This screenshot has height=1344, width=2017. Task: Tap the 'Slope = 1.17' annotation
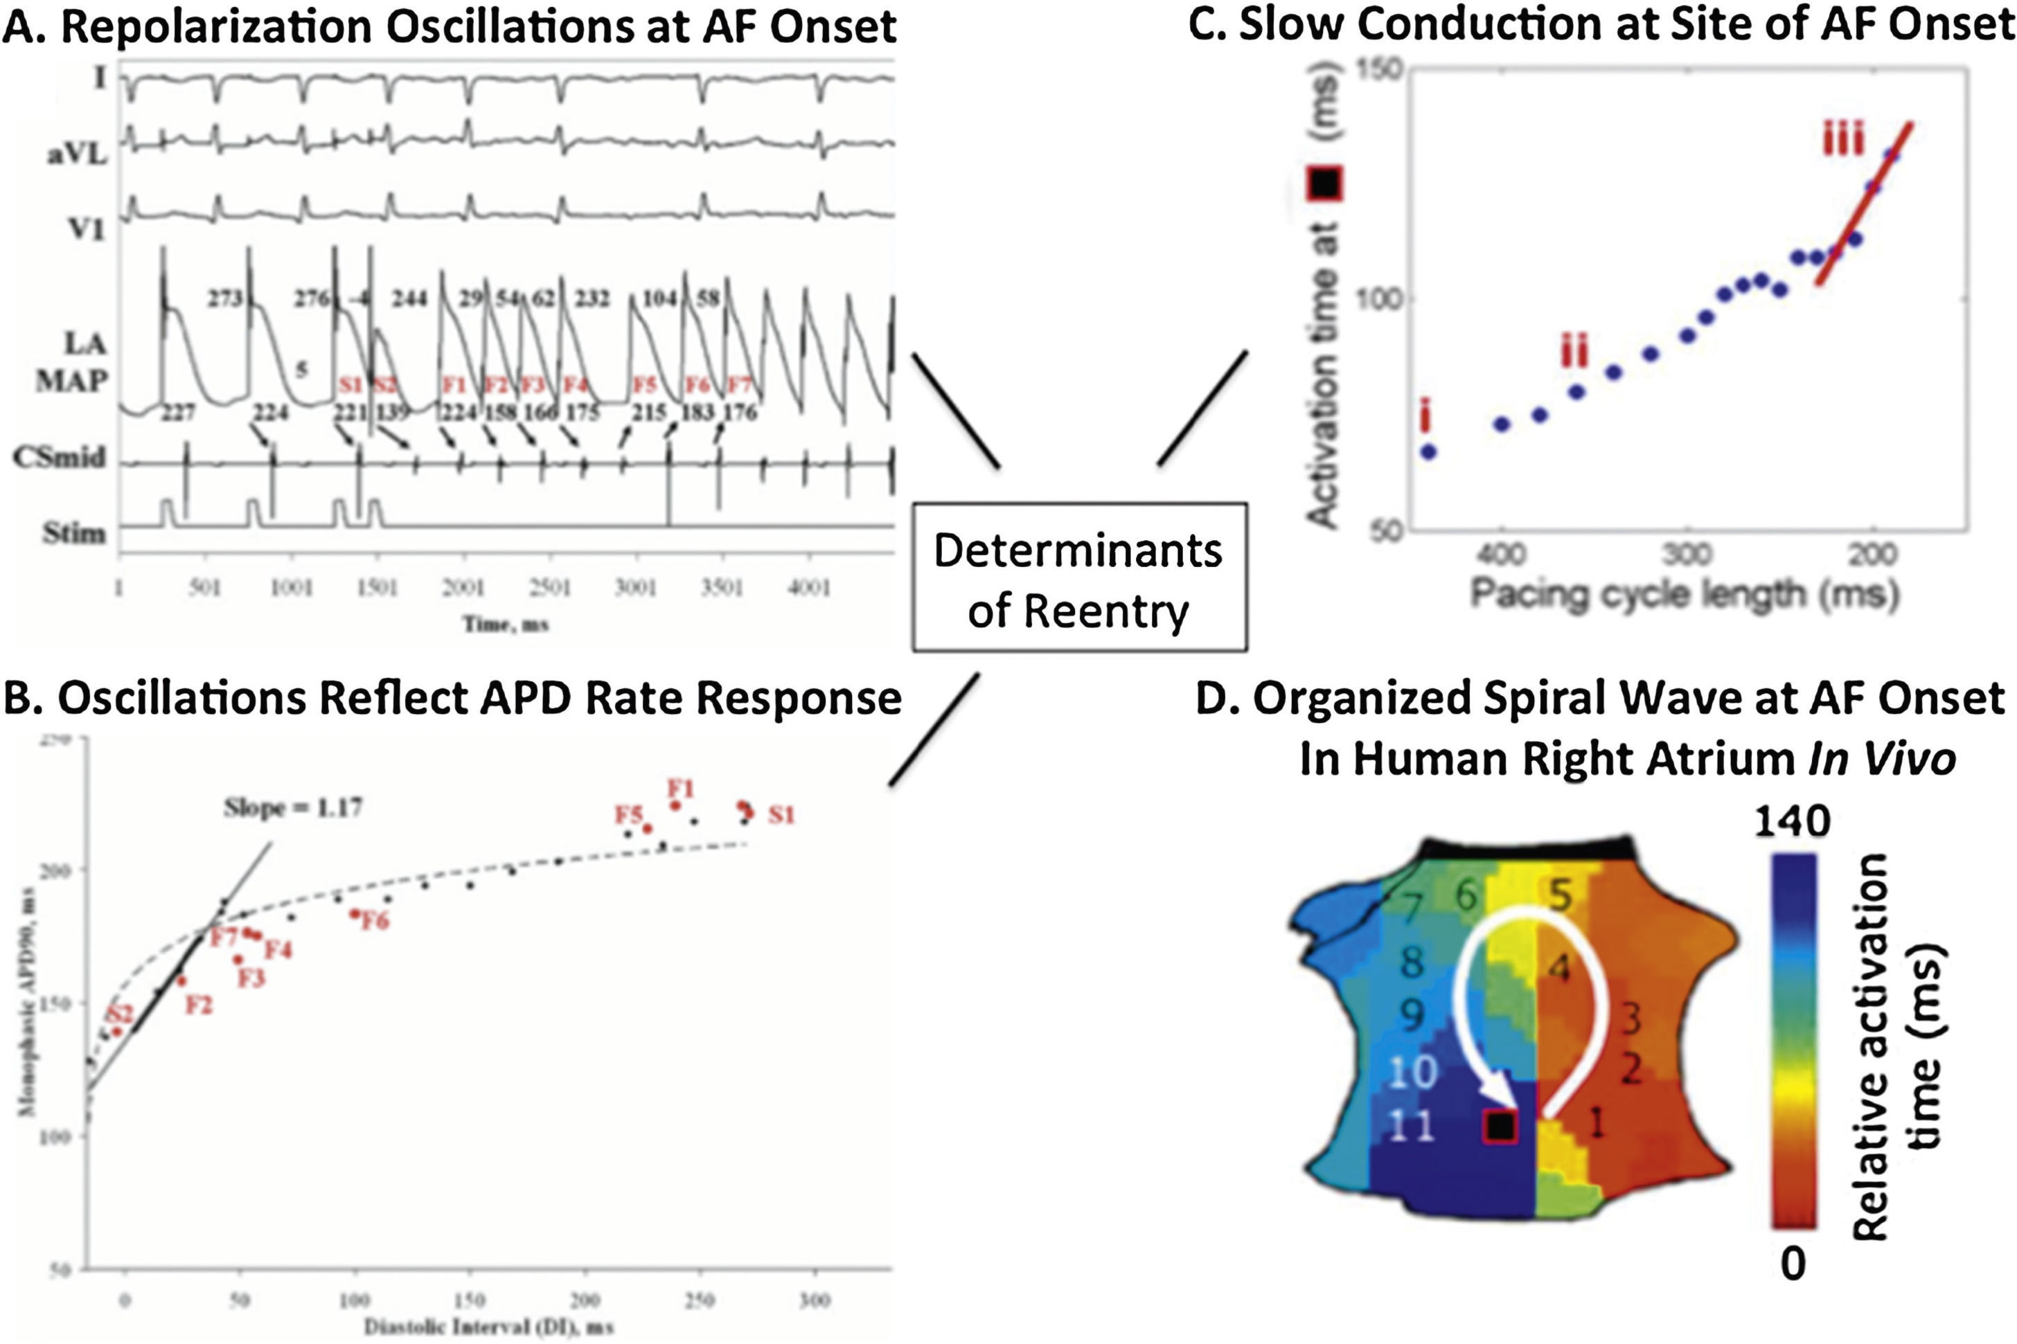click(x=292, y=807)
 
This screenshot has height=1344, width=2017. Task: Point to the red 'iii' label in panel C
click(x=1843, y=140)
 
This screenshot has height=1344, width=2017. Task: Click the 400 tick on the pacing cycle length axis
click(x=1502, y=555)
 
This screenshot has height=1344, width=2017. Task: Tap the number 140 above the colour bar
click(x=1792, y=822)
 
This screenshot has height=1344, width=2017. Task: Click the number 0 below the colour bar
click(x=1793, y=1264)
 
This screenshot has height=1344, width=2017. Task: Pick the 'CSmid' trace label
click(x=59, y=458)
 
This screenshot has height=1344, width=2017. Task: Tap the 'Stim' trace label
click(x=73, y=533)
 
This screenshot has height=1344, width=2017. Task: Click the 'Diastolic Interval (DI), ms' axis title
click(x=488, y=1327)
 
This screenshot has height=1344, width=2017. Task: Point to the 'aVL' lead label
click(x=77, y=154)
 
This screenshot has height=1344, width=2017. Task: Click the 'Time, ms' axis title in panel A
click(x=506, y=624)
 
